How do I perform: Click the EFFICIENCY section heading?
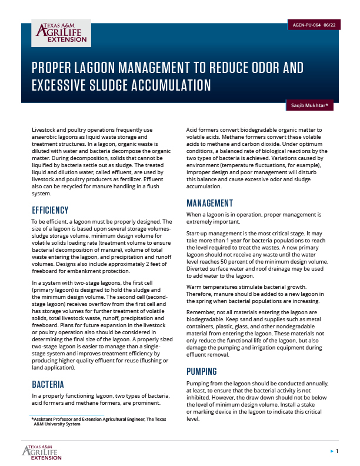point(50,210)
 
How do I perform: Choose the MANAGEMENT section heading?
point(209,203)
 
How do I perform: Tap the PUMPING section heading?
point(202,371)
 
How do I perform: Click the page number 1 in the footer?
point(337,451)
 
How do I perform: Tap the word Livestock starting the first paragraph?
point(45,129)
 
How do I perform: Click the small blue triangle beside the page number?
point(331,451)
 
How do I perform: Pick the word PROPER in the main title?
point(53,67)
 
